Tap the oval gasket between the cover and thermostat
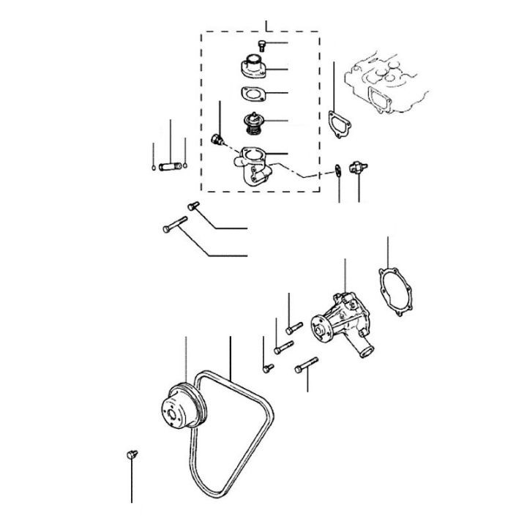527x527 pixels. [x=252, y=94]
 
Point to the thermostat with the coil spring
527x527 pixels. [x=253, y=122]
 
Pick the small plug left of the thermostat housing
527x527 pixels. [x=216, y=140]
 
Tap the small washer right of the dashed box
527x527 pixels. [x=337, y=171]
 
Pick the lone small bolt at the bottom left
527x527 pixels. [x=132, y=455]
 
